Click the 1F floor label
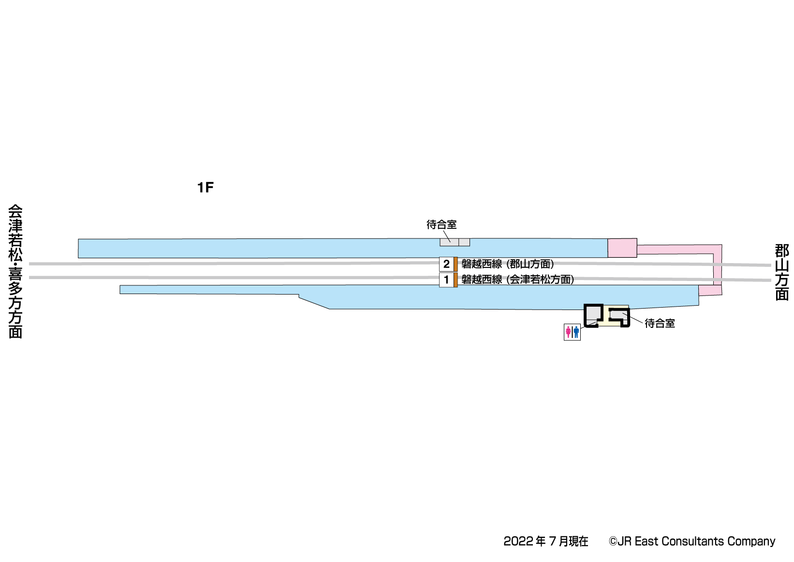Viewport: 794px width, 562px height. click(205, 188)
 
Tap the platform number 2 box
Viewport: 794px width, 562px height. click(446, 264)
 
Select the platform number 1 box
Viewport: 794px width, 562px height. click(446, 280)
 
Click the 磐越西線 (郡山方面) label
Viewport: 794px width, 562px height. click(508, 264)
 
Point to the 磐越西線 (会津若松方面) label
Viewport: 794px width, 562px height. click(518, 280)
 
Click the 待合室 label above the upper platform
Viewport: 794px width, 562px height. click(441, 225)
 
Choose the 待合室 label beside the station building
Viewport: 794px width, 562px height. click(660, 324)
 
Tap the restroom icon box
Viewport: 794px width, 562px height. click(572, 332)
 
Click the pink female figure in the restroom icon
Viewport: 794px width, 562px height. click(568, 332)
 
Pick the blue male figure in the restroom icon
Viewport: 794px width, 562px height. click(576, 332)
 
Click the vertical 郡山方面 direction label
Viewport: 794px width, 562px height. click(781, 272)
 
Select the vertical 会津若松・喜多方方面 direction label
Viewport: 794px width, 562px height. click(15, 272)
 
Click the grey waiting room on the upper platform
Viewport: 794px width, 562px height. click(455, 242)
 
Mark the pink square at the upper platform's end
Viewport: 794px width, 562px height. click(622, 248)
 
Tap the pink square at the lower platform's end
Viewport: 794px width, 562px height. click(710, 290)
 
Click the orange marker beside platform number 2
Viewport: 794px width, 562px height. click(456, 264)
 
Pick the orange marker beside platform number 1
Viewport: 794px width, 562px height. click(456, 280)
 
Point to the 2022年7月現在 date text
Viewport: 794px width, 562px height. click(545, 541)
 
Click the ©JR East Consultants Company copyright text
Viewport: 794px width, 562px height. click(691, 541)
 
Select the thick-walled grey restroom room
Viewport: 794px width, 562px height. click(594, 314)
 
